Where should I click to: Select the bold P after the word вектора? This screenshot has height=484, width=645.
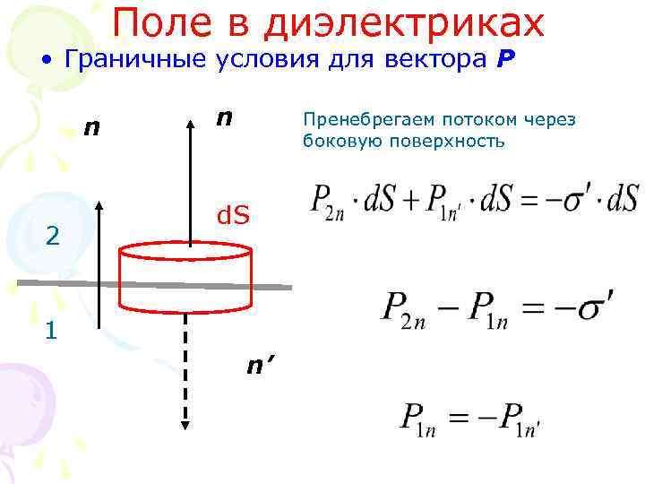click(x=506, y=61)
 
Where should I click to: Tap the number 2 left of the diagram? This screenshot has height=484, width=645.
click(x=53, y=236)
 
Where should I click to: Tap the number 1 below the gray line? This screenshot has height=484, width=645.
click(x=51, y=331)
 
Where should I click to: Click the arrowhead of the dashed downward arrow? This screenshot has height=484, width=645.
click(x=185, y=422)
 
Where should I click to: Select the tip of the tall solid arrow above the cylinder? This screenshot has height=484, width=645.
click(x=191, y=118)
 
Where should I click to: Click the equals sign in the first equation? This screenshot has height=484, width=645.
click(x=528, y=198)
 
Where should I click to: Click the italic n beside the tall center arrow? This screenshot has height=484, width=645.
click(x=225, y=118)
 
